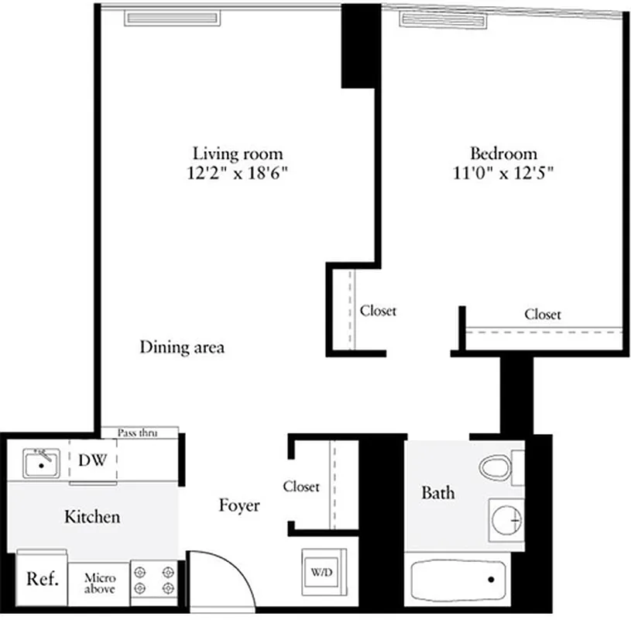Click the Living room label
(238, 153)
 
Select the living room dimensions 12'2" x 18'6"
(238, 173)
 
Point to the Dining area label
(182, 347)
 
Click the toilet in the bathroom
(499, 468)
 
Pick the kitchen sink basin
(40, 464)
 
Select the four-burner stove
(153, 580)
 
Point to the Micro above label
(100, 584)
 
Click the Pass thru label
(138, 432)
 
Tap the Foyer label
(238, 506)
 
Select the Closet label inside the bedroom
(543, 314)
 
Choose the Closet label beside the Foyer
(300, 487)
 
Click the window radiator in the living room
(174, 18)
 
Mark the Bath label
(438, 492)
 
